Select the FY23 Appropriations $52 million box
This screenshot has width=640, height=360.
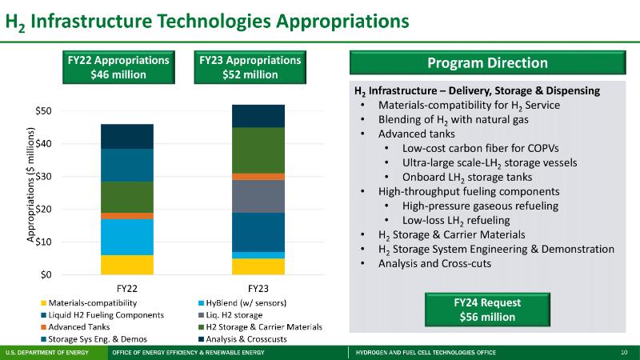(x=250, y=67)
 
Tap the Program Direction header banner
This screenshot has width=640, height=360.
(x=488, y=63)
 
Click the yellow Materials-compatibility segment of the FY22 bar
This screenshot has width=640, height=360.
(x=127, y=265)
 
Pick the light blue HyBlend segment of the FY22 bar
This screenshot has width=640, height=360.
(x=127, y=237)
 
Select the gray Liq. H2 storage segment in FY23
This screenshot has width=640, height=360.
(x=258, y=196)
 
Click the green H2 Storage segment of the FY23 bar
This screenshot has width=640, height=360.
(x=258, y=150)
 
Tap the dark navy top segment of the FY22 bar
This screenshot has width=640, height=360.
(x=127, y=136)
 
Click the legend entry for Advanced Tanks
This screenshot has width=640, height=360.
(x=78, y=326)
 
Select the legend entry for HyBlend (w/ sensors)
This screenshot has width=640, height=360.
(x=246, y=303)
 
